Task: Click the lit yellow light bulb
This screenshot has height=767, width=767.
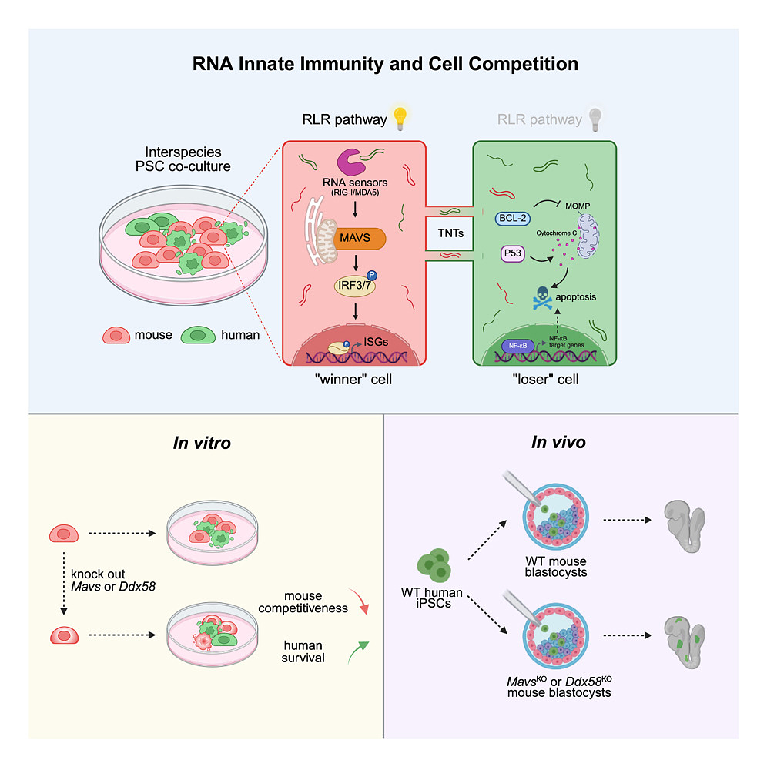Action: [399, 118]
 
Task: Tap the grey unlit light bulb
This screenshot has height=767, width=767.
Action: [595, 118]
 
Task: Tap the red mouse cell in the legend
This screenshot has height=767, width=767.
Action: [117, 336]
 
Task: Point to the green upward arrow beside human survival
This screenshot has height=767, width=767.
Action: [360, 651]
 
